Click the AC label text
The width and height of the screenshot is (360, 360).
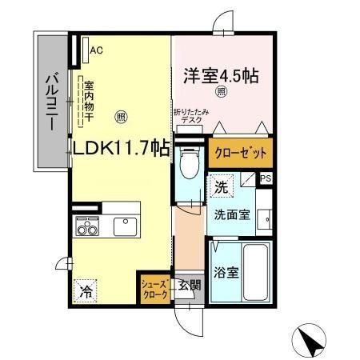[97, 50]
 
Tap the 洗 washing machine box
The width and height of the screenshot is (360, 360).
[220, 187]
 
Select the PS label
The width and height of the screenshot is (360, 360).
[266, 178]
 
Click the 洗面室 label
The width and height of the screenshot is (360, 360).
[231, 214]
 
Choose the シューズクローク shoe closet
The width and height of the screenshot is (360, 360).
[154, 288]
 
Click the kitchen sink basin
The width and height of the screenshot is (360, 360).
[126, 227]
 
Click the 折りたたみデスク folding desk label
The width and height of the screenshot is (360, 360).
[190, 117]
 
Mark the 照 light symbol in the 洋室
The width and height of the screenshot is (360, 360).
[222, 91]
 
